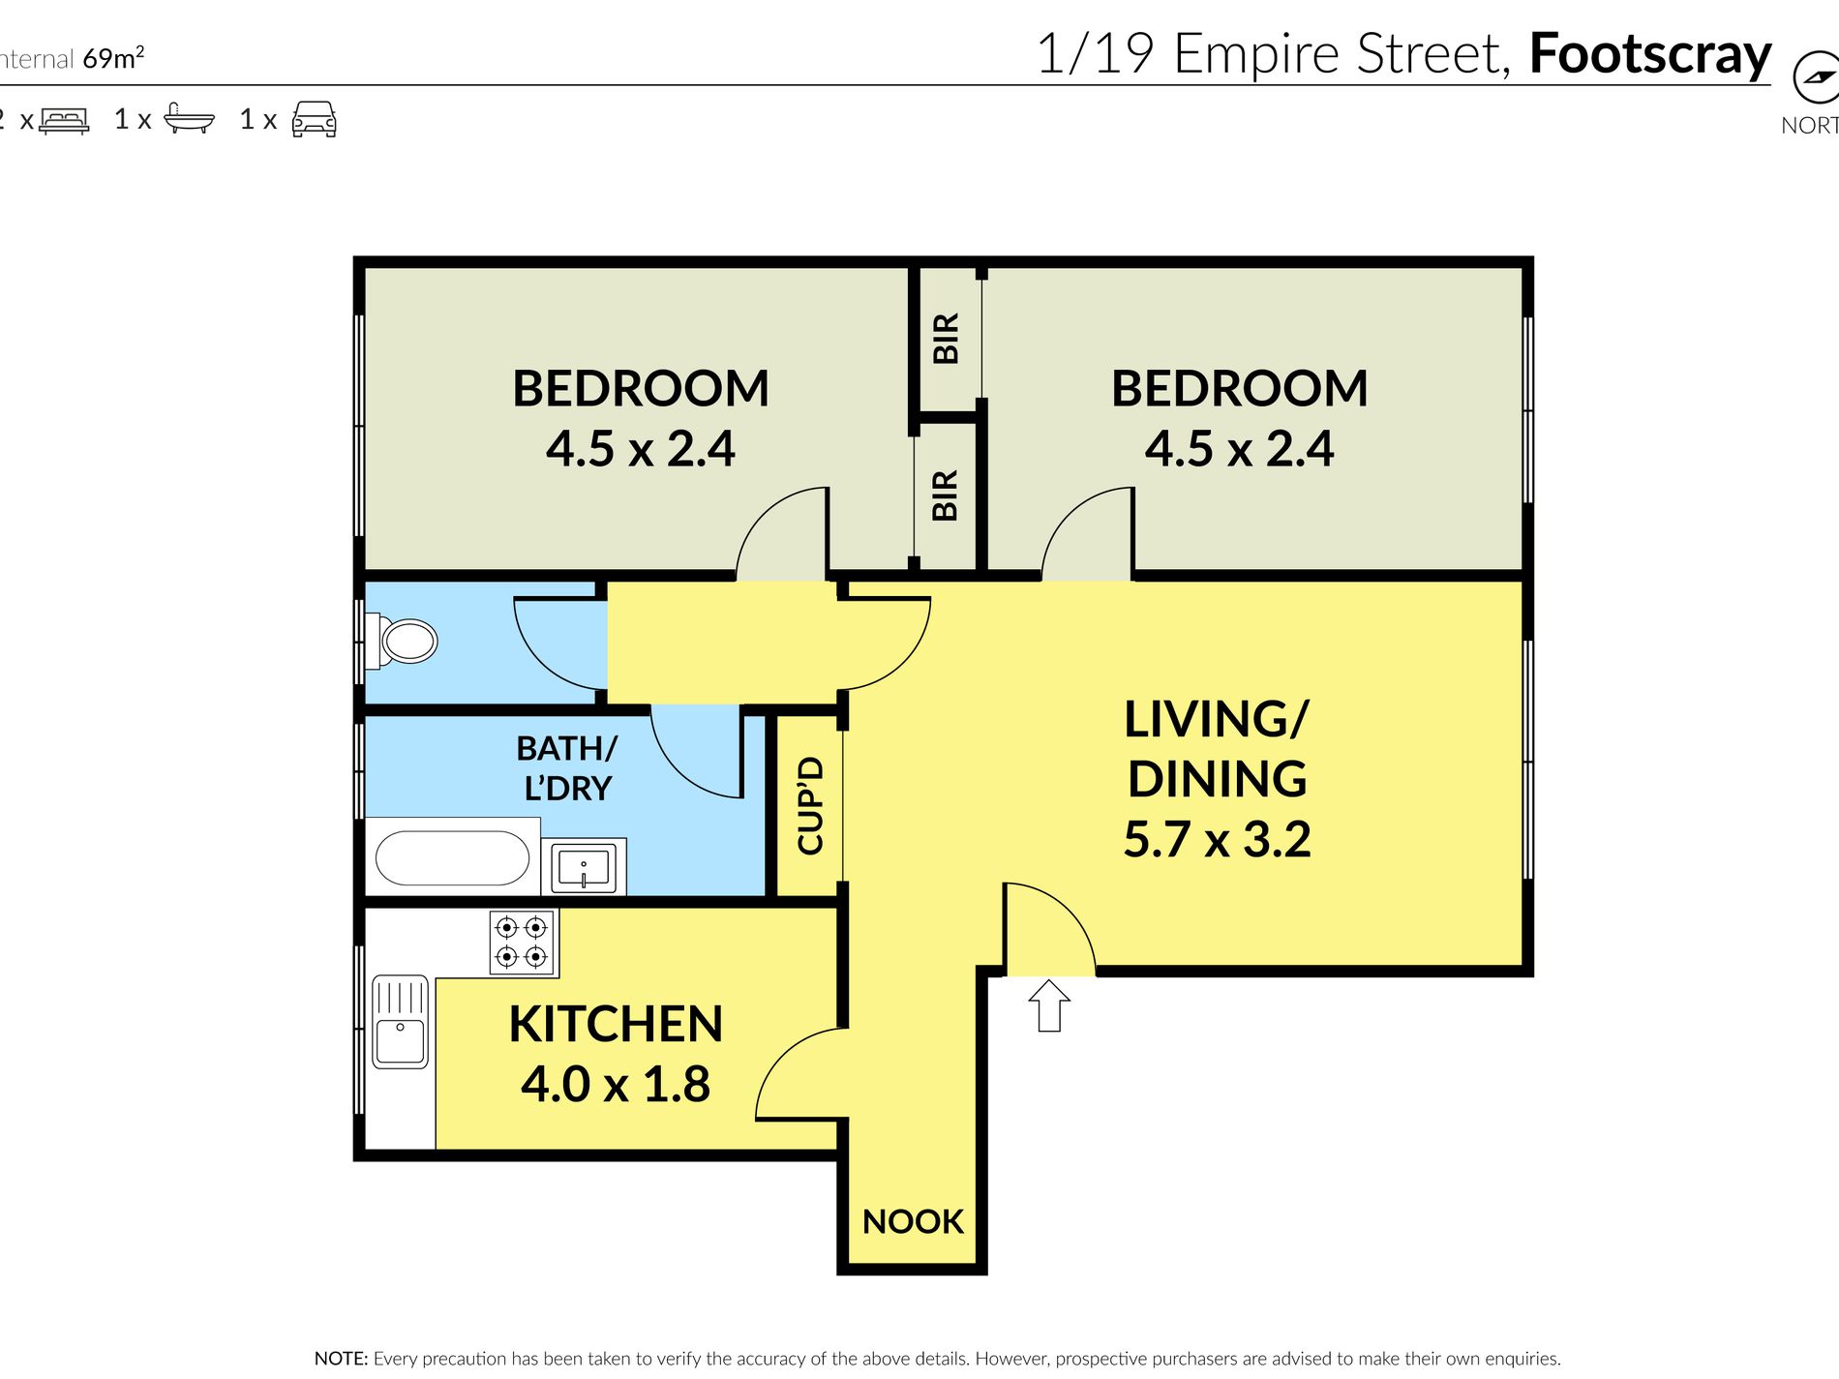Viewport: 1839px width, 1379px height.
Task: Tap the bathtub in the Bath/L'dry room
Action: (452, 858)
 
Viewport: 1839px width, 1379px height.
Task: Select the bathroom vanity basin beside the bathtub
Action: (584, 867)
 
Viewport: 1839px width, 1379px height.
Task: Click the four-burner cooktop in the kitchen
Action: (522, 943)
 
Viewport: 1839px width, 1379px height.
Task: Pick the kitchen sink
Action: (400, 1021)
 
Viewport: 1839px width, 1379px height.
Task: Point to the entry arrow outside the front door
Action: (1049, 1005)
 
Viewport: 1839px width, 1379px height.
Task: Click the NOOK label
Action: (913, 1221)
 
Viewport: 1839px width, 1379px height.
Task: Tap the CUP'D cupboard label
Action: (810, 805)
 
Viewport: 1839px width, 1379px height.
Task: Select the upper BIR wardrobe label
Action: (946, 338)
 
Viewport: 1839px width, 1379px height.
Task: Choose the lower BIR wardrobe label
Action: (945, 495)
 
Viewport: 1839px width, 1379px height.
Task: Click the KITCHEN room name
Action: (616, 1024)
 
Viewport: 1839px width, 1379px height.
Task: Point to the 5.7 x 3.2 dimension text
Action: (1217, 839)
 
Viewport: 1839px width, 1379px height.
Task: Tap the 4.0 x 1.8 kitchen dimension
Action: (616, 1084)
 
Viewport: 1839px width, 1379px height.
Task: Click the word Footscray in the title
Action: (1650, 55)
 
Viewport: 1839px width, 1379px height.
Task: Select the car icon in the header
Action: (314, 119)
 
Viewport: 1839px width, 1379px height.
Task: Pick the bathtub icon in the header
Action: (189, 117)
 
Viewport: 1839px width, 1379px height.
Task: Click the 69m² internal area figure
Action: (113, 58)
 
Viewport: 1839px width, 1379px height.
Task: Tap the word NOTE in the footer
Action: (341, 1359)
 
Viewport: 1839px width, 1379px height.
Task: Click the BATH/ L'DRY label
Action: (567, 768)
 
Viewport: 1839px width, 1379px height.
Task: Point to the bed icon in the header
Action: (64, 120)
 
